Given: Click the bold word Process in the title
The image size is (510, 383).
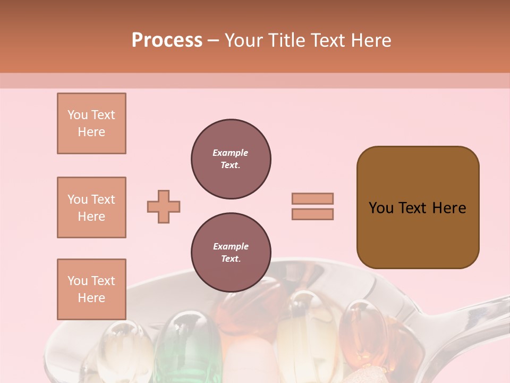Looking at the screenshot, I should click(167, 40).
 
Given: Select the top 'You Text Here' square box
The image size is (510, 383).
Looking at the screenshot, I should click(91, 123).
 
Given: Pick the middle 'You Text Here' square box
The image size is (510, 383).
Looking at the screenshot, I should click(91, 207).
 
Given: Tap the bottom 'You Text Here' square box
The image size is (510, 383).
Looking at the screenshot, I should click(91, 289).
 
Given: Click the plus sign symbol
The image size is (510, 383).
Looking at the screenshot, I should click(164, 206).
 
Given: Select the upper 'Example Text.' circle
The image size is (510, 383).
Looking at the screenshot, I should click(231, 159).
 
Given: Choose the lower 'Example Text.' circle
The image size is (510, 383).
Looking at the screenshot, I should click(231, 252).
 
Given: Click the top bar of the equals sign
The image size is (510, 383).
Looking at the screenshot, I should click(313, 198).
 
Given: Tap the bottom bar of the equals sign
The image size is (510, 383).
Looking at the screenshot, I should click(313, 214).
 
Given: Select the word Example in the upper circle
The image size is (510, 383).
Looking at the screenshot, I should click(231, 153).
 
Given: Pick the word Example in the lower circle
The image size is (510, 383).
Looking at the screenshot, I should click(231, 246).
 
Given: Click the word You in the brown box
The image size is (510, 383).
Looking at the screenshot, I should click(381, 208).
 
